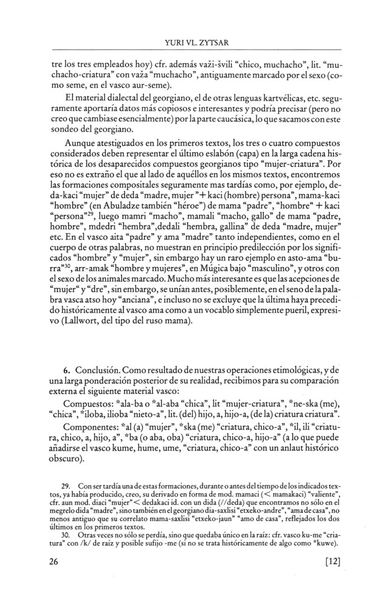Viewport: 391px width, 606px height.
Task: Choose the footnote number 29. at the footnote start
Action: (68, 486)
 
